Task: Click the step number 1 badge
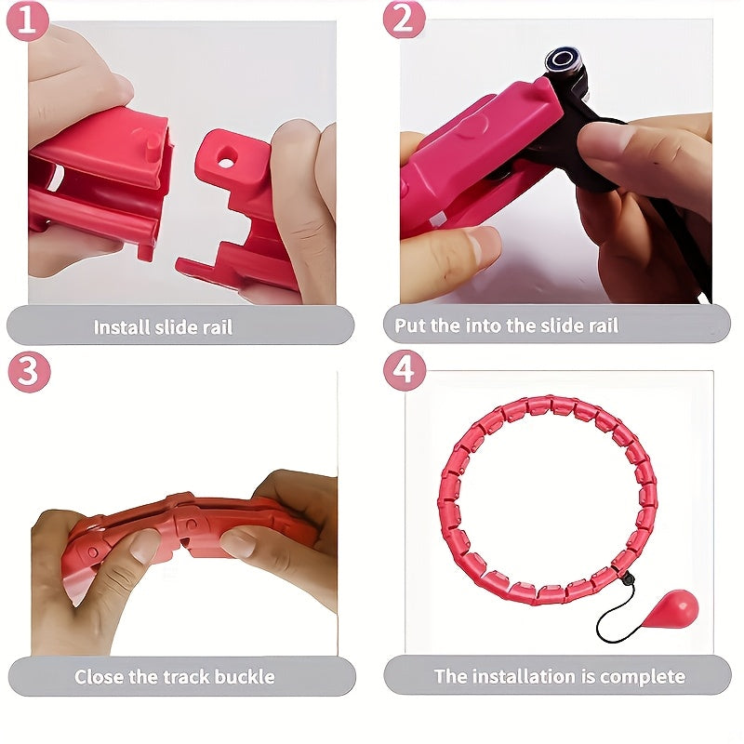28,20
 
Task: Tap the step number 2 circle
405,20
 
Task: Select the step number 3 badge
29,372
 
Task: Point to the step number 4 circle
405,372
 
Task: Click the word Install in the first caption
124,326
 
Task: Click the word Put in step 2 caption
410,325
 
